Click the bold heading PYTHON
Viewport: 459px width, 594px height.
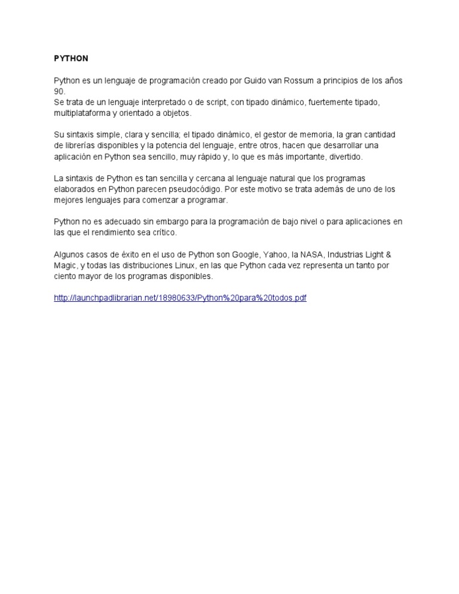(x=71, y=59)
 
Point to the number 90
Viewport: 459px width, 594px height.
(x=59, y=91)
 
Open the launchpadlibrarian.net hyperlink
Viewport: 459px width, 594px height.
(x=180, y=298)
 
